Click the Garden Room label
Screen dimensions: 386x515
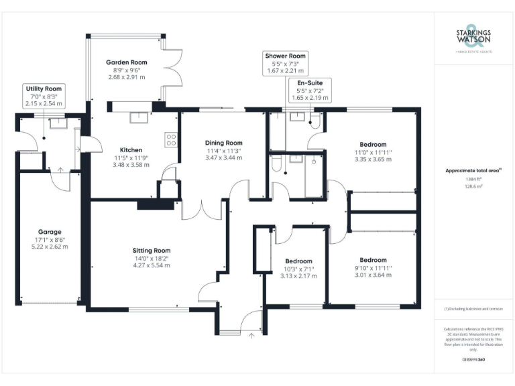(126, 62)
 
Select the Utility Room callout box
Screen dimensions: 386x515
(44, 96)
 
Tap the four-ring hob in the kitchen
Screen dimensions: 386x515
(171, 139)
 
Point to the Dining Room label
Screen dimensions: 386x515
(223, 143)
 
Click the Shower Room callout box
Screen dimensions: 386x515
(285, 62)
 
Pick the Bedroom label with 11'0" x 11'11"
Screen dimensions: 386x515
(372, 145)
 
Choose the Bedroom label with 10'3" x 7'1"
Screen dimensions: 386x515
(298, 261)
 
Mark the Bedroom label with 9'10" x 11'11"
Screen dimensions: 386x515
(372, 260)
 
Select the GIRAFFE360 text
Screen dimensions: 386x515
(473, 360)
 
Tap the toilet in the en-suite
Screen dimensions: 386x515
(313, 121)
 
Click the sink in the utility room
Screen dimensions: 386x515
(54, 123)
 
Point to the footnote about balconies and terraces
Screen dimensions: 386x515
(473, 309)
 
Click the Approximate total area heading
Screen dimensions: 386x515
(473, 171)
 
